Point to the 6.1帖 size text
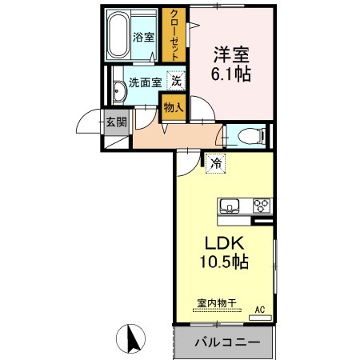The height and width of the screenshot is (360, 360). coord(231,75)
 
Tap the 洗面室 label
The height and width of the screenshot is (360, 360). coord(145,82)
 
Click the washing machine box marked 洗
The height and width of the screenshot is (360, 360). coord(176,81)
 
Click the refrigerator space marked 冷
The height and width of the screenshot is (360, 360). coord(217,162)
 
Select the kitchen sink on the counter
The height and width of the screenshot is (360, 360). coord(230,206)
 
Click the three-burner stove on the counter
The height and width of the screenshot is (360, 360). coord(262,206)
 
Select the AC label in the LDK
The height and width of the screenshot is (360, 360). coord(260,308)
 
